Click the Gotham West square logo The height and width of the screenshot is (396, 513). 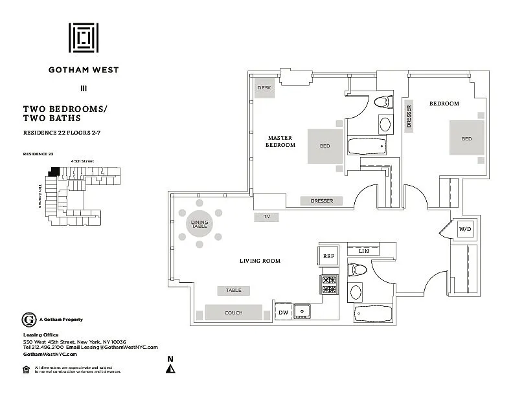click(84, 38)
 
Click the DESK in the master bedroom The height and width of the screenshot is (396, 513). click(264, 88)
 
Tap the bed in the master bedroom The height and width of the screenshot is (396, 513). click(325, 146)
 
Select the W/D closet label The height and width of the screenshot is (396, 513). click(465, 229)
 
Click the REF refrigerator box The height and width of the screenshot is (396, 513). click(328, 256)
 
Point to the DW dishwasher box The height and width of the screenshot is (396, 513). click(283, 313)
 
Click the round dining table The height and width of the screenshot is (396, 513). click(199, 225)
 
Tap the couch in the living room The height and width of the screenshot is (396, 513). click(234, 313)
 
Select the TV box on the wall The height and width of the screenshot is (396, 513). click(266, 217)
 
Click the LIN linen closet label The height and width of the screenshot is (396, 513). click(363, 250)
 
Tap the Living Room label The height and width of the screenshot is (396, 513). click(259, 261)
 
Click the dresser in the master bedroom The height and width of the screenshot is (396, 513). click(322, 201)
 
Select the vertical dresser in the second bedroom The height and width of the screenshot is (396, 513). click(409, 116)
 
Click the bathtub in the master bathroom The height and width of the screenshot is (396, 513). click(367, 146)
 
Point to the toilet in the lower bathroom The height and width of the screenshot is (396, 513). click(357, 269)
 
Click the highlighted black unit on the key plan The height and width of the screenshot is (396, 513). click(54, 172)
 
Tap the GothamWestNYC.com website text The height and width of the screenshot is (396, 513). click(50, 354)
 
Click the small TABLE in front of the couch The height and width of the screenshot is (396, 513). click(233, 291)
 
